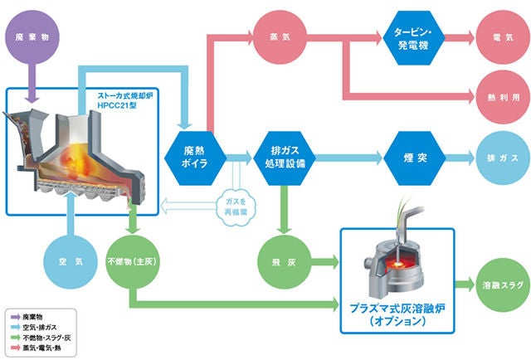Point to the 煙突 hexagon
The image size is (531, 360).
click(407, 156)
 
